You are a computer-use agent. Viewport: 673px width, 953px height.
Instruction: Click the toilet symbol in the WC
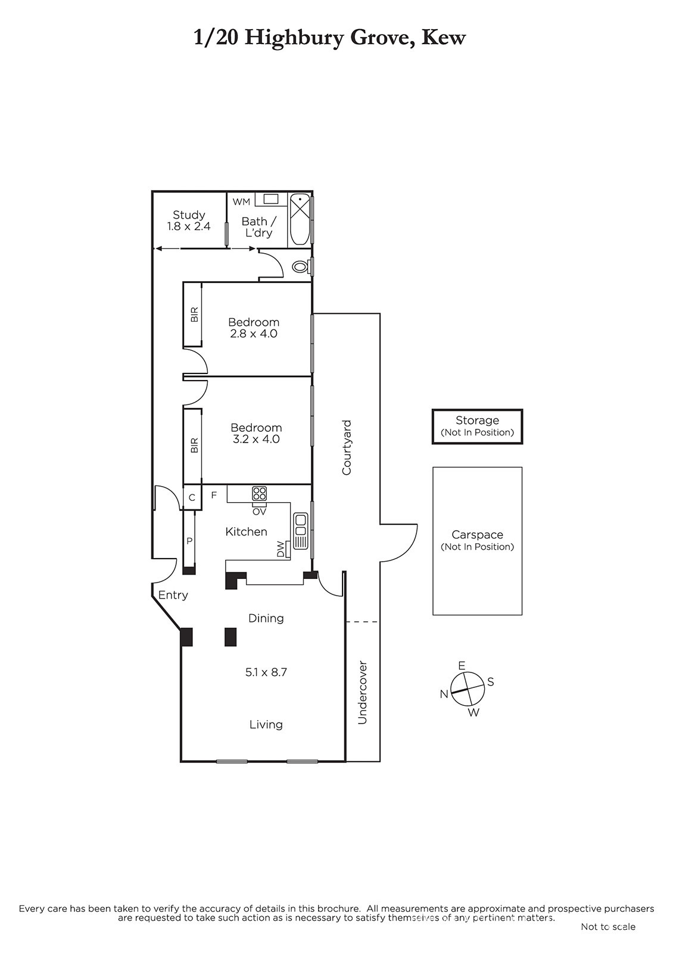[301, 267]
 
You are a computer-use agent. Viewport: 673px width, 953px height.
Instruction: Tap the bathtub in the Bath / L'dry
[300, 220]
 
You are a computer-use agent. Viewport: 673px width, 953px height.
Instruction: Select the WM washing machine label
[241, 202]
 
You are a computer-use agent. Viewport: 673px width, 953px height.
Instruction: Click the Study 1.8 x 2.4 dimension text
[189, 226]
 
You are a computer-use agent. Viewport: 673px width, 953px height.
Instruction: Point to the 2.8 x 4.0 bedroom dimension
[254, 334]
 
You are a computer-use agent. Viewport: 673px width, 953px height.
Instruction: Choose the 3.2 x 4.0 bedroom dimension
[256, 439]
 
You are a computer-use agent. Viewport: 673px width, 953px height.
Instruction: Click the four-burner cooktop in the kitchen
[260, 494]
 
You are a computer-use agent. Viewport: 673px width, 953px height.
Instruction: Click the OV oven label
[259, 512]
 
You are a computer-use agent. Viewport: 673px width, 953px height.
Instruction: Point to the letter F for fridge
[214, 495]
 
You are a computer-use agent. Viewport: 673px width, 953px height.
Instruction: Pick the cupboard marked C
[192, 497]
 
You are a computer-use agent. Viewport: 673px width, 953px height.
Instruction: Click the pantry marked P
[190, 540]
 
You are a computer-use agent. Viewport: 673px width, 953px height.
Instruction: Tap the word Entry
[173, 595]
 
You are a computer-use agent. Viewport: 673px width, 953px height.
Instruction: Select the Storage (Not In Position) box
[477, 426]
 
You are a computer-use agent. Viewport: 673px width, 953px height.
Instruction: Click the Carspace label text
[477, 534]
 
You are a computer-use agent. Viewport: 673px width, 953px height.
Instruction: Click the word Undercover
[362, 692]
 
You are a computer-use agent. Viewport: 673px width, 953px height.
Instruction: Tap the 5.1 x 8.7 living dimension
[266, 672]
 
